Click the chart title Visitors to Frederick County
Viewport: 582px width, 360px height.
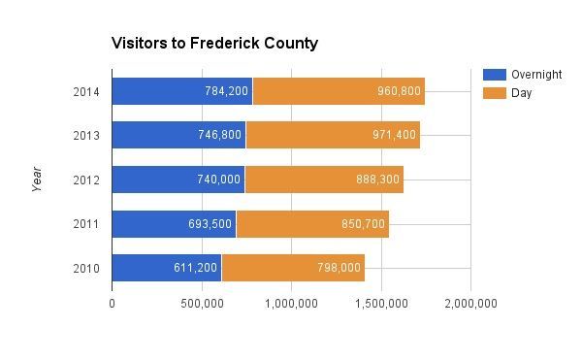coord(214,44)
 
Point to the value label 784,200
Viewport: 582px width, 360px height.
coord(226,91)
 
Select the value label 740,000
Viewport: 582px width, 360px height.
coord(219,180)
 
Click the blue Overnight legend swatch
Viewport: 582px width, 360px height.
coord(495,75)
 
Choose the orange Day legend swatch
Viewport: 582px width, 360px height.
coord(495,93)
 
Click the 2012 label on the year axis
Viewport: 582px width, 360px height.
coord(84,180)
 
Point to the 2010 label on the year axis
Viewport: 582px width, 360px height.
coord(84,268)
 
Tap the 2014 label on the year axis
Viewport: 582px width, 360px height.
coord(84,91)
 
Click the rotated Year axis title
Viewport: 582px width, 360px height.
coord(38,179)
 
